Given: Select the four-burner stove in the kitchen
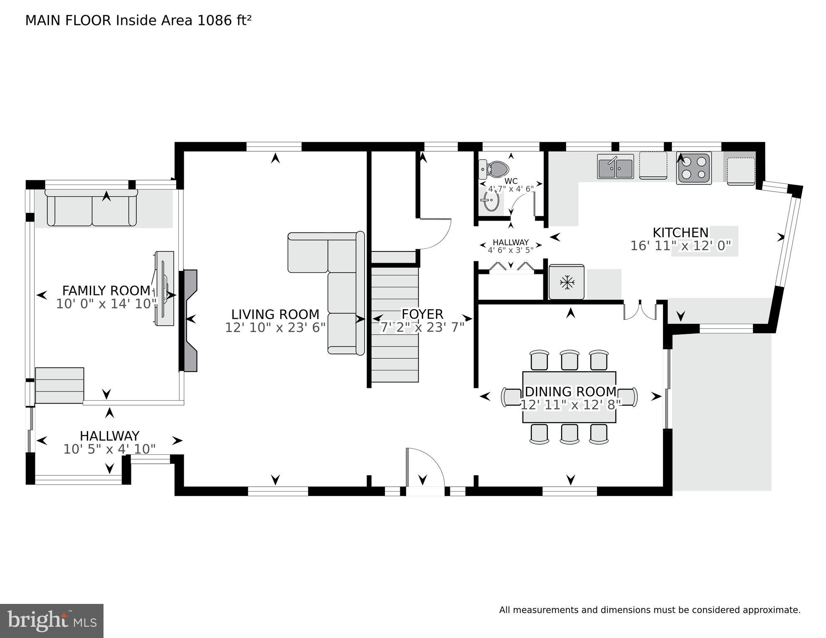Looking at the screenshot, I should (694, 168).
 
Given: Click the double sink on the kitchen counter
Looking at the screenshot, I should (615, 167).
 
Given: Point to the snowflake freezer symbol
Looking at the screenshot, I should (567, 282).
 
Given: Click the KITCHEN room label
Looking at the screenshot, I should (680, 232).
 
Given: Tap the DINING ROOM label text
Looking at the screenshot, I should (570, 392).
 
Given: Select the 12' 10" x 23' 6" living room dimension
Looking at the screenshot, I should (275, 328).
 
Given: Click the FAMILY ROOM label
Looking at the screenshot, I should (106, 290).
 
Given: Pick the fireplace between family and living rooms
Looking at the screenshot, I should (190, 320).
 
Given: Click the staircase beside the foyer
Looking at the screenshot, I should (395, 324).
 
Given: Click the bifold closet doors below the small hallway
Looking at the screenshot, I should (510, 267).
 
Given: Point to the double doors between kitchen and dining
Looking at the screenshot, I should (640, 311).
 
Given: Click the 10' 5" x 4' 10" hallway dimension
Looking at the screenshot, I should (109, 449).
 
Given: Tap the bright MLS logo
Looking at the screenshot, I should (52, 621).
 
